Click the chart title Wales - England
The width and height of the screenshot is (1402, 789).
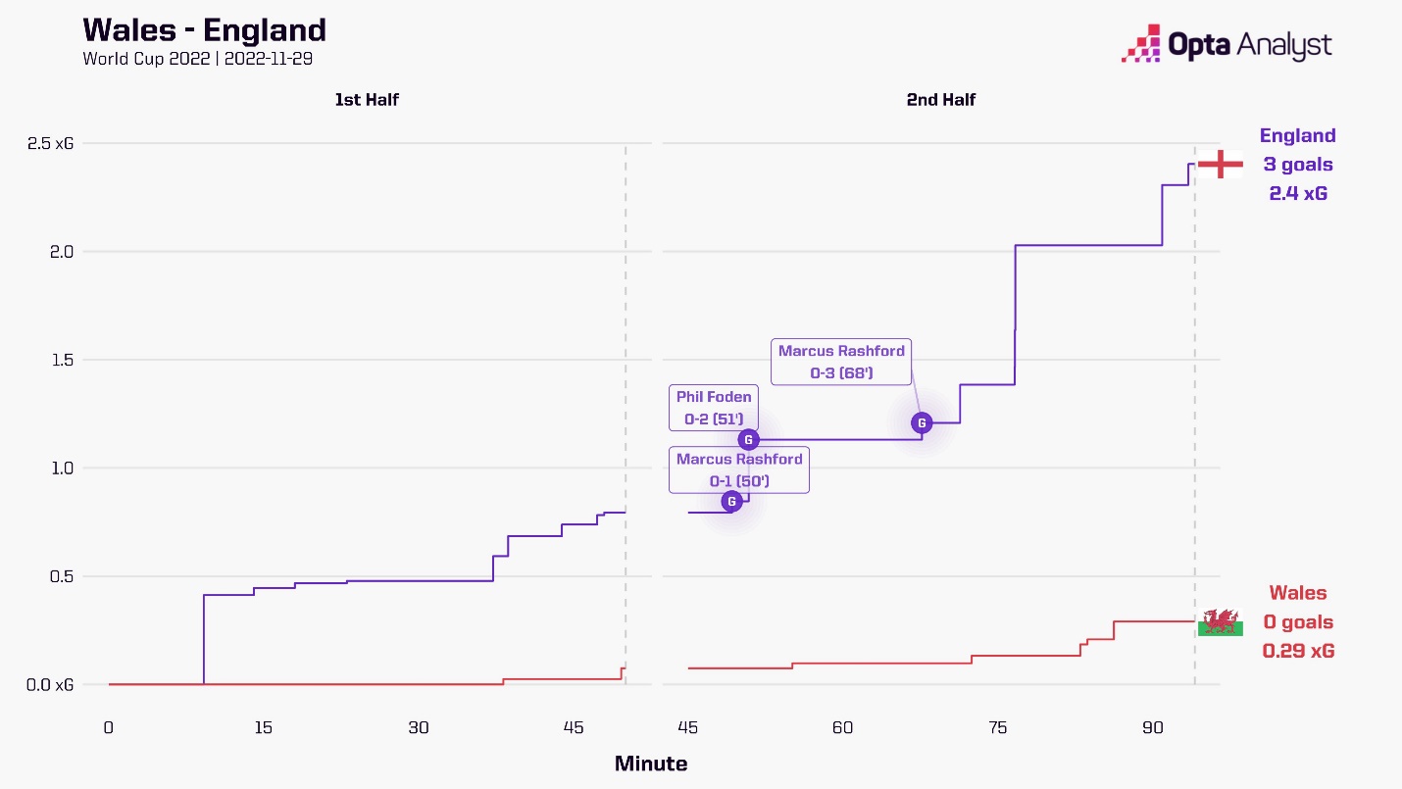(x=204, y=29)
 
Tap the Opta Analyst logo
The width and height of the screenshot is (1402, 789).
(x=1227, y=45)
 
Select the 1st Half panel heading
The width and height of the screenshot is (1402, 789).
(x=367, y=99)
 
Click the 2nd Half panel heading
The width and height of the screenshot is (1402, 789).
(x=941, y=99)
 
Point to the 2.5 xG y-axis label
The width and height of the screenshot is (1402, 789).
(x=50, y=143)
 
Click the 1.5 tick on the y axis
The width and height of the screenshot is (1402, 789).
(x=63, y=360)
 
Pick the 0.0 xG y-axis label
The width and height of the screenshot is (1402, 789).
(x=50, y=684)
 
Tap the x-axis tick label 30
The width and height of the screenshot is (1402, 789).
(x=419, y=728)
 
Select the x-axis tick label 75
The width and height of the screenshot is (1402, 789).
(x=998, y=728)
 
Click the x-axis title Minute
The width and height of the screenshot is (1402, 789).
(x=651, y=764)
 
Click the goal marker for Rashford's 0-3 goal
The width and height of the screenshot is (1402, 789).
(x=922, y=423)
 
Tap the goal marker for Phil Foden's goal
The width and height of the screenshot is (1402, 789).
(x=748, y=440)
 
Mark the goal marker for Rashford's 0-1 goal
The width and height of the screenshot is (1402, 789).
(x=731, y=502)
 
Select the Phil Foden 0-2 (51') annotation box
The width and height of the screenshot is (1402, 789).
(x=714, y=408)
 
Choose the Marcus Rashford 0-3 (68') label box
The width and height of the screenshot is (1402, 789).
(x=841, y=362)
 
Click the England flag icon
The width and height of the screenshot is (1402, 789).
(x=1221, y=164)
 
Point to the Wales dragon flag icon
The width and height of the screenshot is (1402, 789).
(x=1221, y=622)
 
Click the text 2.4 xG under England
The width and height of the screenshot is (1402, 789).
(x=1298, y=193)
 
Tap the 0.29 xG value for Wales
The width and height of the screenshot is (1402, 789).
(x=1298, y=651)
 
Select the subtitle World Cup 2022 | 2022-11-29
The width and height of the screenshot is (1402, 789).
(x=197, y=58)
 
